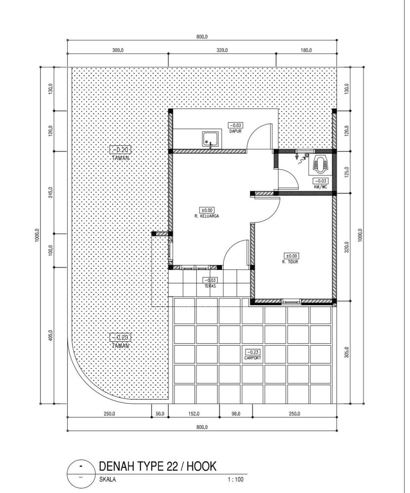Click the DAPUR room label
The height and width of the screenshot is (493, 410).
[x=235, y=131]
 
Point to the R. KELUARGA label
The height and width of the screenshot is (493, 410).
[x=207, y=215]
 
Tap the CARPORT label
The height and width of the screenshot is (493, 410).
[x=253, y=358]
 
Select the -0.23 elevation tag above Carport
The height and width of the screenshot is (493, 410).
[x=253, y=352]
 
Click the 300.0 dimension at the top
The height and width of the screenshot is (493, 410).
[x=117, y=50]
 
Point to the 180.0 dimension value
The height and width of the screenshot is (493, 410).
[x=305, y=50]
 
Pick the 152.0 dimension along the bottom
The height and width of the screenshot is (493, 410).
[x=193, y=414]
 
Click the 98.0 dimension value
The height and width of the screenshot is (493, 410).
[x=236, y=414]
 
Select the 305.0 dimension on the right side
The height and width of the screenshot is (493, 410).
[x=347, y=352]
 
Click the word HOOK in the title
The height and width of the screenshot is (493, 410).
[x=202, y=466]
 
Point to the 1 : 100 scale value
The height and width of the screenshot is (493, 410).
[x=235, y=479]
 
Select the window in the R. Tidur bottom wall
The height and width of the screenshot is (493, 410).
[x=291, y=301]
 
